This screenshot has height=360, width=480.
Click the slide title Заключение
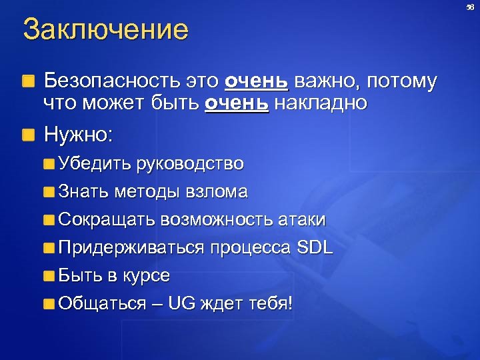[x=105, y=30]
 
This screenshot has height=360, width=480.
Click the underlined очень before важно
[x=257, y=82]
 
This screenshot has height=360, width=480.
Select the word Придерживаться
[x=132, y=248]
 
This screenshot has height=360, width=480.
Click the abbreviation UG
[x=181, y=304]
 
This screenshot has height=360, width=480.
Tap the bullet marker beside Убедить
[x=49, y=164]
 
